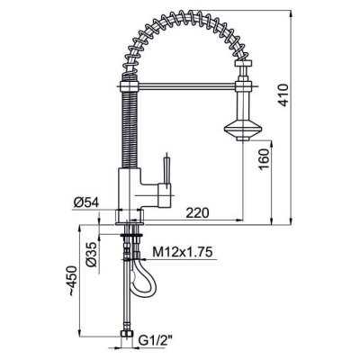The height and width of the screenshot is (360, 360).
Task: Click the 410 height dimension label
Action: pyautogui.click(x=283, y=95)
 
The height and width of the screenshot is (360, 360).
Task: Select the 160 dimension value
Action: pyautogui.click(x=265, y=158)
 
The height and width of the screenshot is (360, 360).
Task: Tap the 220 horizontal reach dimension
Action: pyautogui.click(x=197, y=213)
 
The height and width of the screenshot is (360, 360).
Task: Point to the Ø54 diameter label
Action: pyautogui.click(x=86, y=203)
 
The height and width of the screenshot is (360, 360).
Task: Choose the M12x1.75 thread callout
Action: pyautogui.click(x=183, y=251)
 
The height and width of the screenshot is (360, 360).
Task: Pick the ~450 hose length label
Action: pyautogui.click(x=73, y=281)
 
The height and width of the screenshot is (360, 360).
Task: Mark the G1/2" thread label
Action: pyautogui.click(x=156, y=341)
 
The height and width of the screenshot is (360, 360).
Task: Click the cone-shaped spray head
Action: pyautogui.click(x=243, y=129)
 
